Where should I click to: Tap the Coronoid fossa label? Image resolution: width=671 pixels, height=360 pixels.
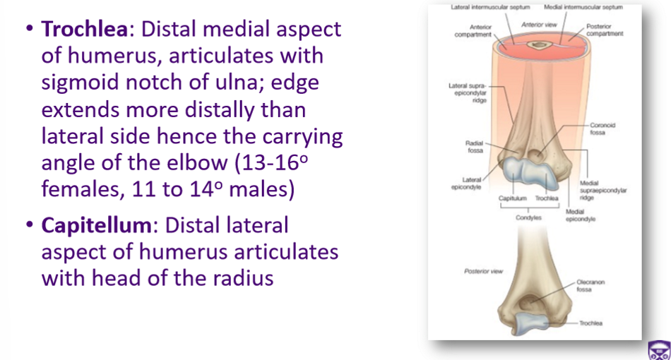point(602,129)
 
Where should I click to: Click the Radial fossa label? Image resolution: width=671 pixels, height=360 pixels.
point(475,146)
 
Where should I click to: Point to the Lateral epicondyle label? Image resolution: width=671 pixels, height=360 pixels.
point(470,184)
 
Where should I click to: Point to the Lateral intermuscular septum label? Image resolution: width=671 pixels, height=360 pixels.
point(485,8)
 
